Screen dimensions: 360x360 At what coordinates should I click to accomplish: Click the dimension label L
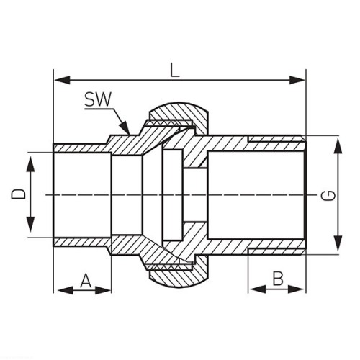coord(175,71)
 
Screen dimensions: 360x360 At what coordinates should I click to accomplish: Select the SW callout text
coord(98,99)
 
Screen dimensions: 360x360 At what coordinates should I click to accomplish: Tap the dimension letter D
coord(18,194)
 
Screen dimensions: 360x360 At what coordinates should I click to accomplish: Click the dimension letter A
coord(86,281)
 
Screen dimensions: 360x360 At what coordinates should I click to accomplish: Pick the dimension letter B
coord(278,279)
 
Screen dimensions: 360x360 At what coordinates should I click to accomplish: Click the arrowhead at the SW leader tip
coord(125,127)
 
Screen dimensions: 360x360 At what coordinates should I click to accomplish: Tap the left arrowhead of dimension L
coord(63,80)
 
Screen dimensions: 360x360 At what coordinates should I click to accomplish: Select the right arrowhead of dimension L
coord(297,80)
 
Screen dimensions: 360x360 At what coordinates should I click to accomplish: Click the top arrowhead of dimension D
coord(30,164)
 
